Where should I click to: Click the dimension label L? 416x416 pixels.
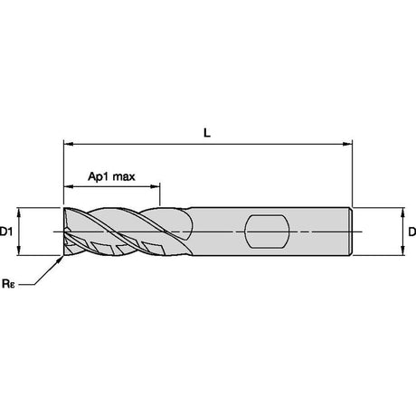click(x=207, y=133)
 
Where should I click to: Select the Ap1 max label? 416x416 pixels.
click(x=111, y=176)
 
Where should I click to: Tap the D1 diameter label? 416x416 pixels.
click(x=6, y=232)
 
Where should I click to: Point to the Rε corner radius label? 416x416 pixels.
click(x=8, y=284)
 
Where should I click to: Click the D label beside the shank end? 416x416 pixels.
click(x=412, y=232)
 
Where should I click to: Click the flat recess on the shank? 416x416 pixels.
click(x=267, y=232)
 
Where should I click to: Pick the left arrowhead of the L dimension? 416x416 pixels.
click(x=68, y=144)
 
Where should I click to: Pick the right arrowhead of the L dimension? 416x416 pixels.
click(x=347, y=144)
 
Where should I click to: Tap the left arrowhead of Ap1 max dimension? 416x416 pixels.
click(x=68, y=186)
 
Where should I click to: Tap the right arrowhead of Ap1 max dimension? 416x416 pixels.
click(x=155, y=186)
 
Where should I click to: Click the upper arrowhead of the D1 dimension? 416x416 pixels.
click(x=19, y=213)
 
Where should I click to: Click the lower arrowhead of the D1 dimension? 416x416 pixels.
click(x=19, y=251)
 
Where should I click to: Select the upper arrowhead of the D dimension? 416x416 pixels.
click(x=402, y=213)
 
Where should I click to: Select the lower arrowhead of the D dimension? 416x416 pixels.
click(x=402, y=251)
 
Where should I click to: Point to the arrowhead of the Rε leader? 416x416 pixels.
click(x=61, y=260)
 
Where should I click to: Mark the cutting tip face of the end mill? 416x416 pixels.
click(x=66, y=232)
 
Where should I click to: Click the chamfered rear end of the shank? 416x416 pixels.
click(x=351, y=232)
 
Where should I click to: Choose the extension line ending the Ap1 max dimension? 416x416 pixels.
click(x=160, y=194)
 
